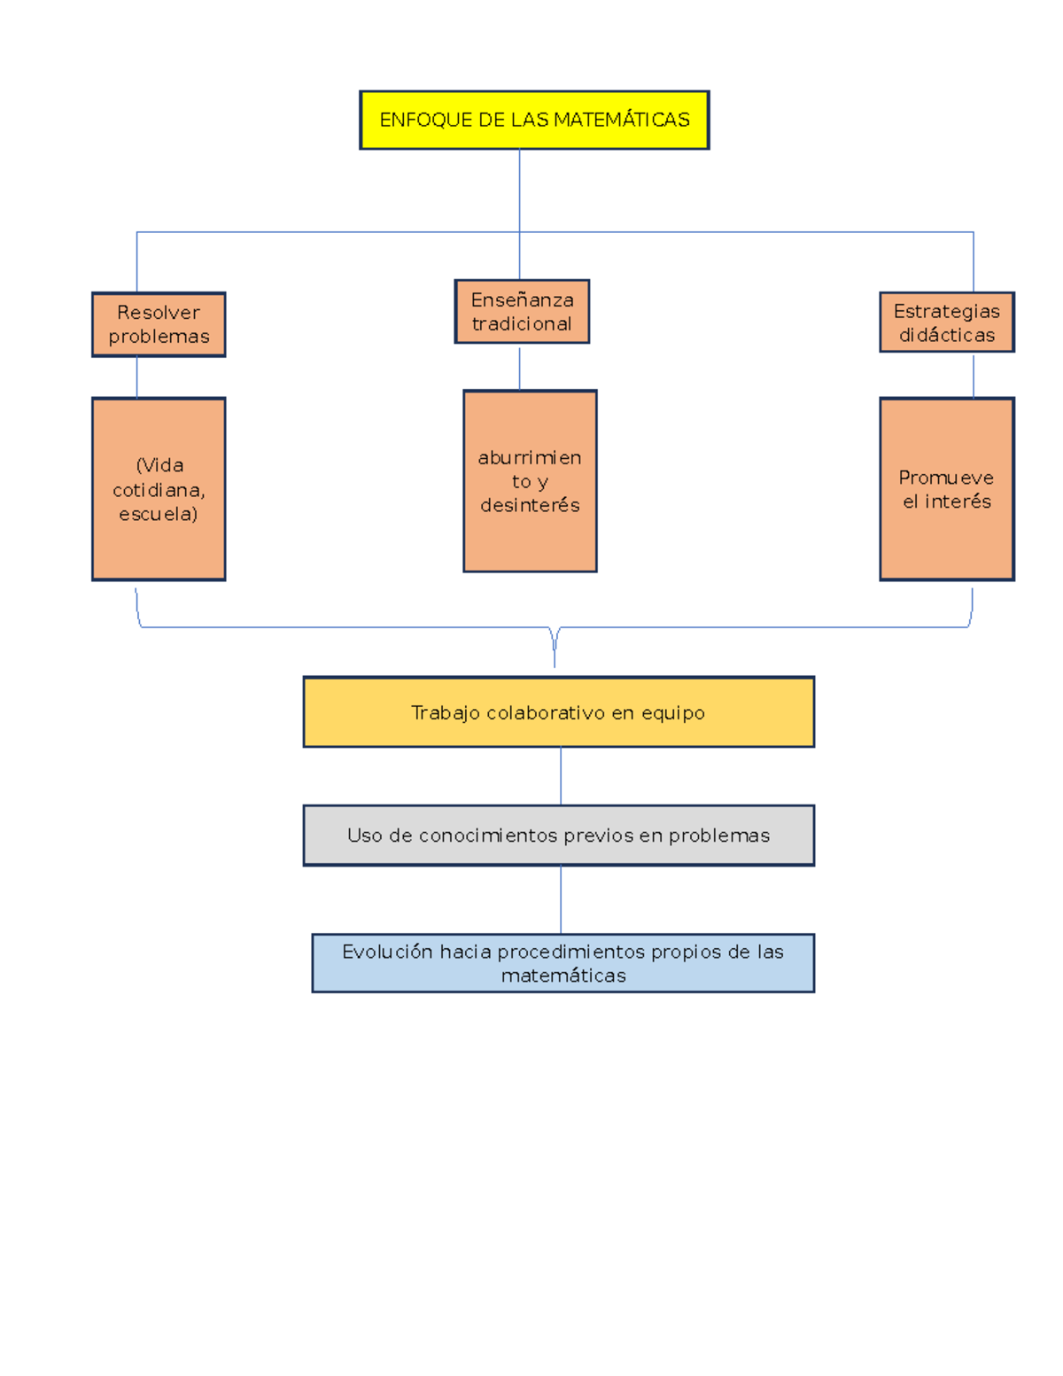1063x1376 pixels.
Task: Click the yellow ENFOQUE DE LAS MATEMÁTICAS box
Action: (534, 120)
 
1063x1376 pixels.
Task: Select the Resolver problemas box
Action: (159, 324)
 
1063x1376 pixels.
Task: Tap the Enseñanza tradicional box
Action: (522, 312)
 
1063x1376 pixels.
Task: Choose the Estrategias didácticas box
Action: (946, 322)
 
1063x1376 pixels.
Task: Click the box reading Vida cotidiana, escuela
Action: (159, 489)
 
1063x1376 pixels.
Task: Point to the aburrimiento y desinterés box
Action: (530, 481)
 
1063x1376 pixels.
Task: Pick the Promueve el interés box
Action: (946, 489)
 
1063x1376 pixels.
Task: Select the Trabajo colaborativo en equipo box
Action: (558, 711)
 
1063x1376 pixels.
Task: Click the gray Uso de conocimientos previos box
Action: (558, 836)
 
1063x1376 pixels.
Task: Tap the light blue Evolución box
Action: (563, 962)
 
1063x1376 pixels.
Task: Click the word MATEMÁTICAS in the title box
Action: (622, 119)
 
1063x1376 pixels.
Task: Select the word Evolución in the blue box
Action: (387, 951)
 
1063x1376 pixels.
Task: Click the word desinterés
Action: (530, 505)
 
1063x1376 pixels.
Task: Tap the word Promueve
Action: (946, 478)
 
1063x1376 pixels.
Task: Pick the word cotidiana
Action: (159, 489)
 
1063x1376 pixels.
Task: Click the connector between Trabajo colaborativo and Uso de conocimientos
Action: (561, 776)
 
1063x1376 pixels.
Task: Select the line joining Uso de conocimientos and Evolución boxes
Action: (561, 899)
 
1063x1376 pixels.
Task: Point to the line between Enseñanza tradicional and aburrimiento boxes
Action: (520, 368)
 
